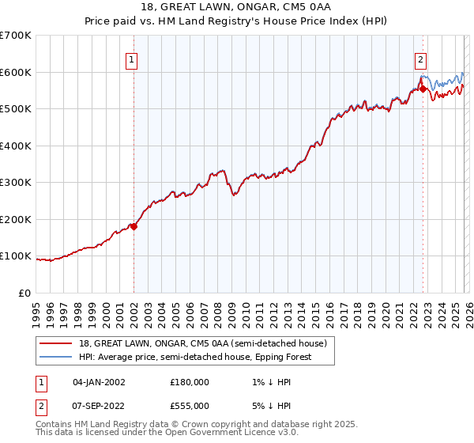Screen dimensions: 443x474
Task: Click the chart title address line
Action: click(x=236, y=7)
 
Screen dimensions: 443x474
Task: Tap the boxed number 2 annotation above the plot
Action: click(x=421, y=59)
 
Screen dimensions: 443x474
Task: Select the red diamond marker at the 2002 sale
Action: click(x=134, y=226)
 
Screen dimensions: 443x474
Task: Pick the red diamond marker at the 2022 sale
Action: click(x=423, y=89)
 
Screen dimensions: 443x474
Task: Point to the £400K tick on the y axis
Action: click(x=16, y=146)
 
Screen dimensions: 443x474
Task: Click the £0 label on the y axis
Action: click(x=24, y=293)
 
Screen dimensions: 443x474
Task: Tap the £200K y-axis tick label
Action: click(x=16, y=219)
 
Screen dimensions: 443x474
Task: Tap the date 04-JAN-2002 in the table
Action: click(x=99, y=381)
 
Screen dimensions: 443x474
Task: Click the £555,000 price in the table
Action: click(x=189, y=406)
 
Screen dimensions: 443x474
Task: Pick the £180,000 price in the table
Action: click(x=189, y=381)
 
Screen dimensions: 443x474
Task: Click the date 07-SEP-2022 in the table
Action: click(x=99, y=406)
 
